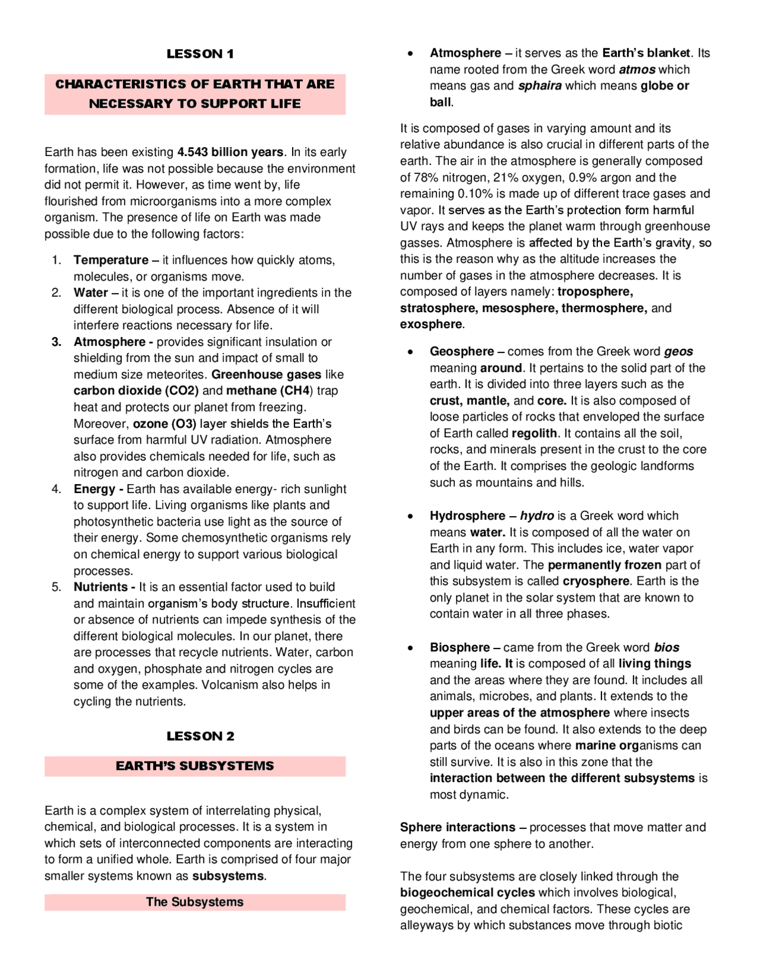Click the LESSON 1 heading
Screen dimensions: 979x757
pyautogui.click(x=200, y=54)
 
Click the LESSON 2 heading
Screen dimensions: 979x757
pyautogui.click(x=200, y=736)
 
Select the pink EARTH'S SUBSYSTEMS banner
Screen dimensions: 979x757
pyautogui.click(x=195, y=766)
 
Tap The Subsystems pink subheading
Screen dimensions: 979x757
pyautogui.click(x=195, y=902)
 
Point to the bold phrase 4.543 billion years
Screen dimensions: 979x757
pyautogui.click(x=230, y=152)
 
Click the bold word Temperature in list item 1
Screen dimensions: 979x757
pyautogui.click(x=111, y=260)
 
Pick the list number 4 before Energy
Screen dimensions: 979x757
pyautogui.click(x=56, y=489)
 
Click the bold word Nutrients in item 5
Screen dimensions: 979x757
pyautogui.click(x=101, y=587)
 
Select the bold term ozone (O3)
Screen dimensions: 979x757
pyautogui.click(x=164, y=424)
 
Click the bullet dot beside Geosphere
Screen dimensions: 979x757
pyautogui.click(x=410, y=352)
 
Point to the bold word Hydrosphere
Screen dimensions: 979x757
pyautogui.click(x=467, y=516)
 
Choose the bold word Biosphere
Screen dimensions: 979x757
pyautogui.click(x=460, y=647)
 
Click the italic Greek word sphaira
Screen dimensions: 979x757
pyautogui.click(x=539, y=86)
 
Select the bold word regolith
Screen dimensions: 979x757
pyautogui.click(x=534, y=433)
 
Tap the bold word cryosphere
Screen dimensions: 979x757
pyautogui.click(x=596, y=581)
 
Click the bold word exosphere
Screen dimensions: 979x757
pyautogui.click(x=431, y=324)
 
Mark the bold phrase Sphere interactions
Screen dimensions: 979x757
pyautogui.click(x=457, y=827)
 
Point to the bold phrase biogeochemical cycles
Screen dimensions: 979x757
pyautogui.click(x=467, y=893)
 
